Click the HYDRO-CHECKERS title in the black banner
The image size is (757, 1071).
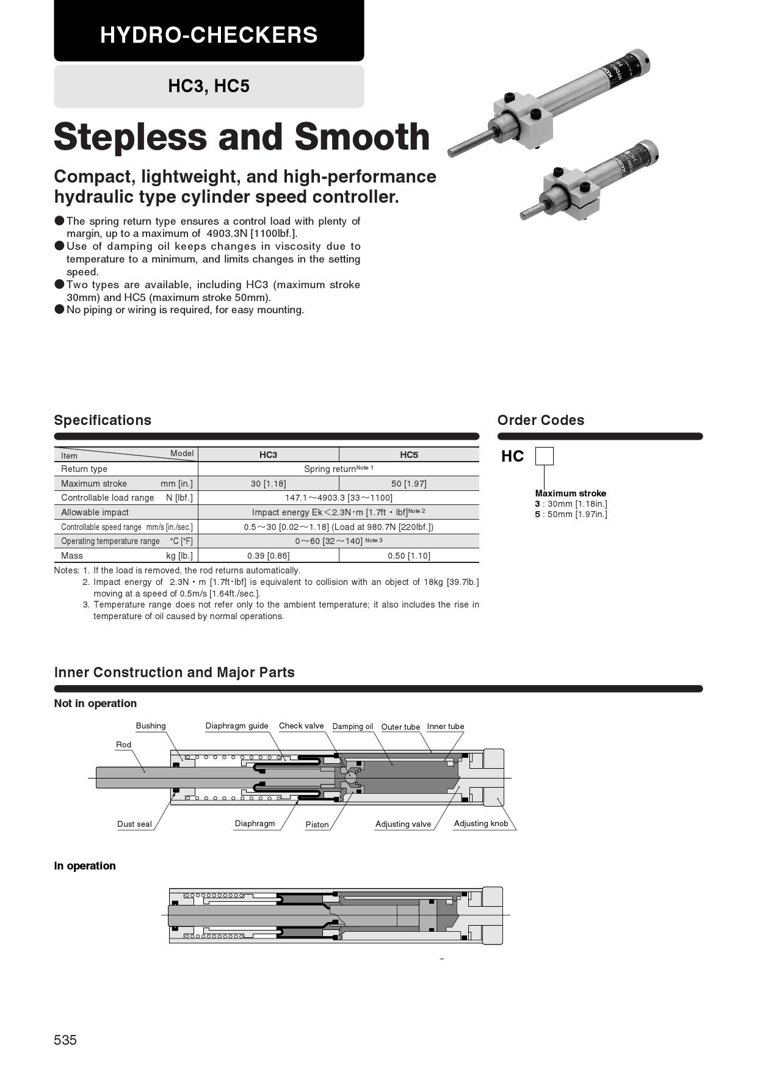(209, 35)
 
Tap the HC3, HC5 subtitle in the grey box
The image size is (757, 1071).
(209, 86)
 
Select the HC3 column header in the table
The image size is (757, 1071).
(268, 455)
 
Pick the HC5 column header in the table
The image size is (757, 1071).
(408, 455)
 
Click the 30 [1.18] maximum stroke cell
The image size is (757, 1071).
(268, 484)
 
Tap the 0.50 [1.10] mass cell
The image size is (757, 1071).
(408, 556)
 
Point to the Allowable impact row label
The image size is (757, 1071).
(95, 512)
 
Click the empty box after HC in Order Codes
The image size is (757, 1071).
(544, 457)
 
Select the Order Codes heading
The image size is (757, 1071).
(540, 420)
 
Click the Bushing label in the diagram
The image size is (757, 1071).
(151, 726)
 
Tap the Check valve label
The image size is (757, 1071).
(301, 726)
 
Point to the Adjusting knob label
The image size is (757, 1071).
(480, 824)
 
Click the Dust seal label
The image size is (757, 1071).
(134, 824)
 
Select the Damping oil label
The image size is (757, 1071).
(352, 727)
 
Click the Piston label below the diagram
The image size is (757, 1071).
(317, 825)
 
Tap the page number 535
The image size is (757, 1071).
(65, 1040)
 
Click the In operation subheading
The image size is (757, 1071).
(85, 866)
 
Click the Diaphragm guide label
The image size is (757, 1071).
(237, 726)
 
